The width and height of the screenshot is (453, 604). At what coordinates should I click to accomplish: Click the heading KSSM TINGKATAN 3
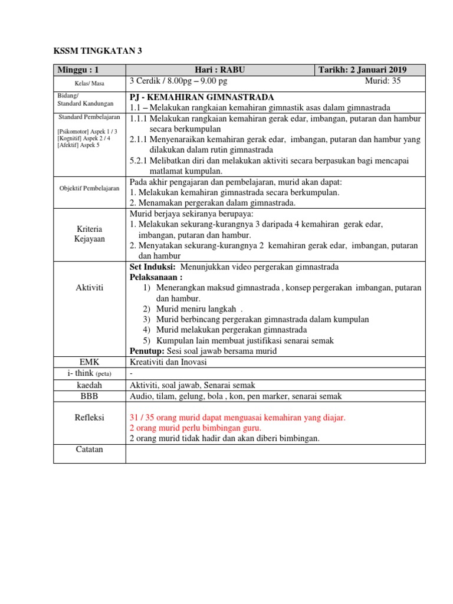pos(97,51)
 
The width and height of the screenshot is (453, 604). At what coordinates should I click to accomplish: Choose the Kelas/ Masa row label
pos(89,83)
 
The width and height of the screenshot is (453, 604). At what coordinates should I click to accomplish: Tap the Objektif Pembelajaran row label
pos(89,188)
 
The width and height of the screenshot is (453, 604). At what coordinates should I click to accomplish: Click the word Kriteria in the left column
pos(89,228)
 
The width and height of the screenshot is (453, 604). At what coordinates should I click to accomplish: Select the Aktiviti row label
pos(89,287)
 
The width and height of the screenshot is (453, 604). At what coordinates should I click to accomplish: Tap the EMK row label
pos(89,361)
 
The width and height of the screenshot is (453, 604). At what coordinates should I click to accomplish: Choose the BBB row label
pos(89,396)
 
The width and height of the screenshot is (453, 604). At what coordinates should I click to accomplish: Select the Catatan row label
pos(89,449)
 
